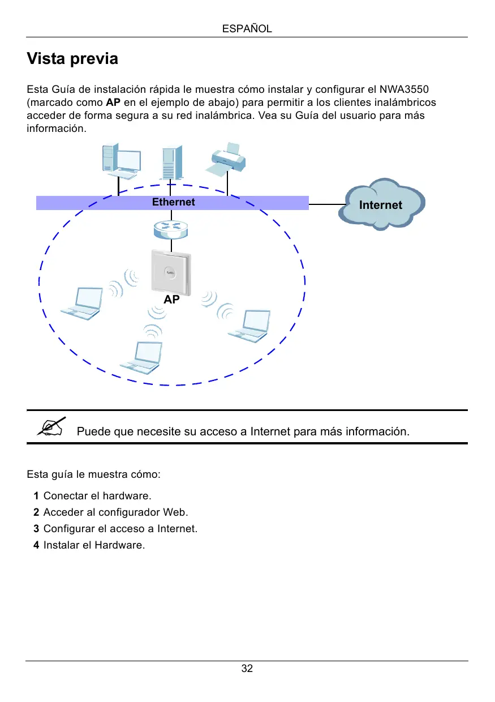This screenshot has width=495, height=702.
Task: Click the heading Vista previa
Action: [72, 59]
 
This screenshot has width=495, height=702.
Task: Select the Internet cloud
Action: [381, 204]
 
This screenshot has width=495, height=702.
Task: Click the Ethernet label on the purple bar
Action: [173, 202]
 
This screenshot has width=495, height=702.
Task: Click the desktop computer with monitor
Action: [120, 159]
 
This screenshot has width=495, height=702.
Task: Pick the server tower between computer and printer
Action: [171, 163]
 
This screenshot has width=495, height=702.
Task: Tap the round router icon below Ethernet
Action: [171, 229]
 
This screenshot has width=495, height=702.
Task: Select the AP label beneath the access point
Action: [171, 300]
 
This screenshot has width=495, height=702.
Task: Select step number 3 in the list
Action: [36, 529]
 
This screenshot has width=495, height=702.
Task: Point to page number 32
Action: [247, 669]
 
